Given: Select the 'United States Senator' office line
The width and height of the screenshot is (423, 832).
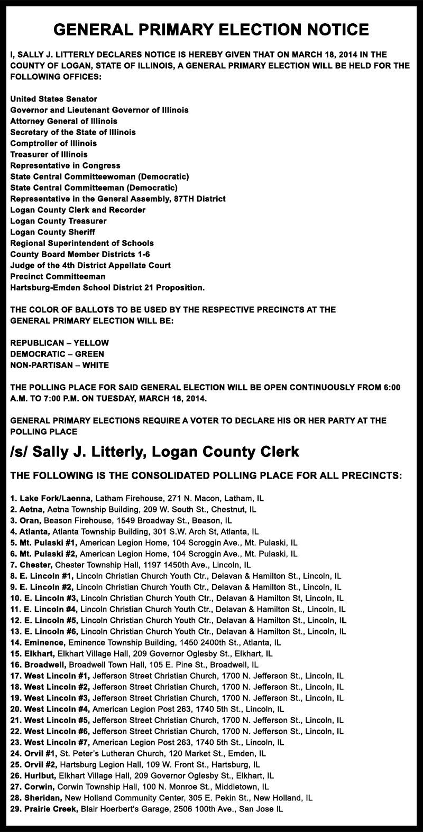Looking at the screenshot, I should [x=54, y=99].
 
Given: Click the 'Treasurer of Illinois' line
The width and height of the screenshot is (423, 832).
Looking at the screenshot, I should [x=49, y=154].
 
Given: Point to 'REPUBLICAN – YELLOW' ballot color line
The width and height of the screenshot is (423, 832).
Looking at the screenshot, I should [x=60, y=343].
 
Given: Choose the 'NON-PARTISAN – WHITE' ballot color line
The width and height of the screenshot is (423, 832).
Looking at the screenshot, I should [x=60, y=365].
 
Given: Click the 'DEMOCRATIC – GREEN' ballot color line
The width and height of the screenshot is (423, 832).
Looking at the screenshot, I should [x=57, y=354].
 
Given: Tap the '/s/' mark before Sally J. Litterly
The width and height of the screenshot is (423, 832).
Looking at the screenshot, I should [x=20, y=452].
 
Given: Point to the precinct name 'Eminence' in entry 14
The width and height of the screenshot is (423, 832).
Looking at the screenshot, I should [x=43, y=643].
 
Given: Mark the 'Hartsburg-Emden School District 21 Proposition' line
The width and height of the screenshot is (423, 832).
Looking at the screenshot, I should [x=107, y=287].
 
